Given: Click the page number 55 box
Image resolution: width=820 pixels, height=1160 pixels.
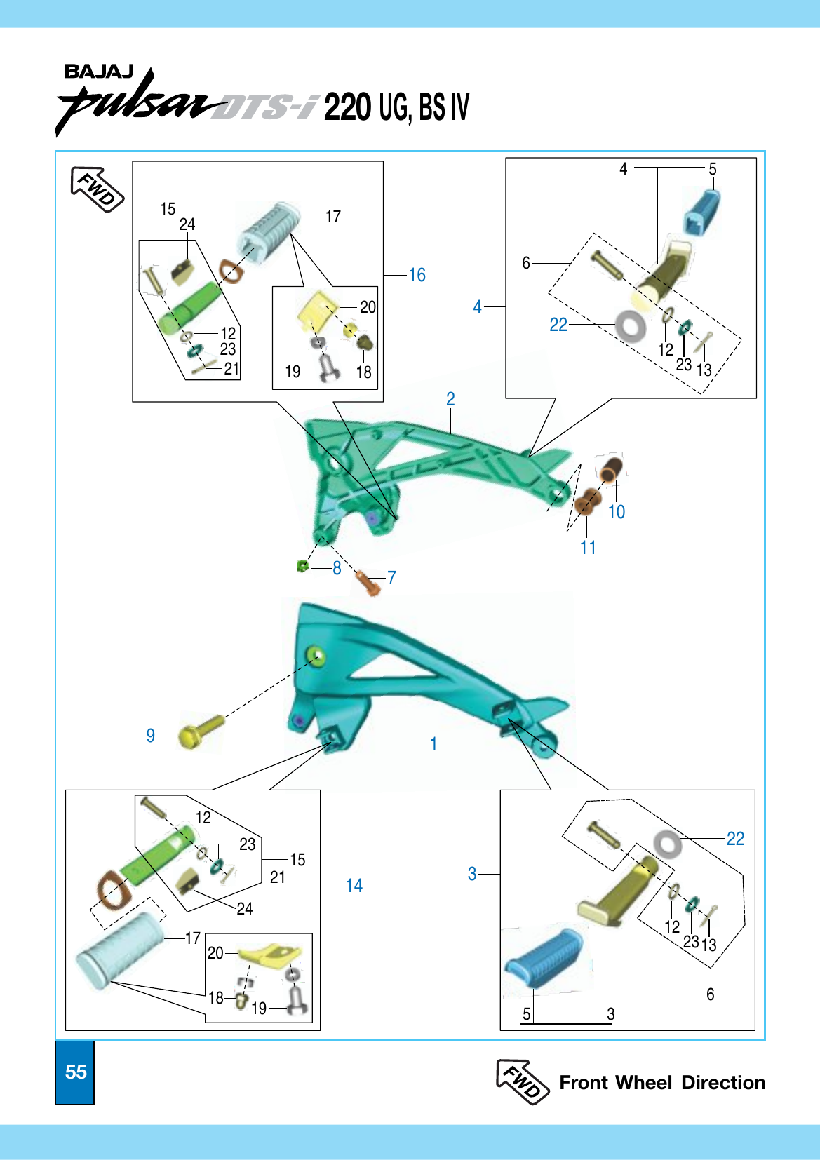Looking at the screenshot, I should (x=75, y=1072).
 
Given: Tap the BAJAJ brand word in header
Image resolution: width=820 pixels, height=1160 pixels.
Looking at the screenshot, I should (x=98, y=72).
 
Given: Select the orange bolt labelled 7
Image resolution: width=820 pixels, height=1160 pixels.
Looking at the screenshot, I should (x=368, y=583).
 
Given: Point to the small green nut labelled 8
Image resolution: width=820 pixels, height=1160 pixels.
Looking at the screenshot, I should (x=302, y=566).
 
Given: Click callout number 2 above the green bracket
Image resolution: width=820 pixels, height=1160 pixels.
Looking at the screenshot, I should (x=450, y=399).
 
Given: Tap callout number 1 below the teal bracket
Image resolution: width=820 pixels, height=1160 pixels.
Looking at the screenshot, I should (x=433, y=743).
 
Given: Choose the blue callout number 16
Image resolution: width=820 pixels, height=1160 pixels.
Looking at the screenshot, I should (x=417, y=275).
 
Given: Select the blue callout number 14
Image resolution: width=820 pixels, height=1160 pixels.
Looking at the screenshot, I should (x=354, y=886).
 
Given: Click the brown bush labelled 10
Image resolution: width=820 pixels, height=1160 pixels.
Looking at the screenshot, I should (x=610, y=470).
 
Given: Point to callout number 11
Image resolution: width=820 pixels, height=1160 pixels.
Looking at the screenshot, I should (x=588, y=548).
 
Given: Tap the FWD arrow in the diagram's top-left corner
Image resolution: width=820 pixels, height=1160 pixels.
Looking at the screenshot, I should (x=98, y=189).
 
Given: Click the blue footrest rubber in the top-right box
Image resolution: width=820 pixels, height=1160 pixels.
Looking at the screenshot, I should (x=702, y=212).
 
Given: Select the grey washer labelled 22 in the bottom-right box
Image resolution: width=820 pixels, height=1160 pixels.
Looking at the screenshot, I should (x=667, y=844).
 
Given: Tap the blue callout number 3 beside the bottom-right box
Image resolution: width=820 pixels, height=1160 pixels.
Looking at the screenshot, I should (x=472, y=874).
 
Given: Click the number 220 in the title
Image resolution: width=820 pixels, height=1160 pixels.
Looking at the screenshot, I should (x=347, y=107).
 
